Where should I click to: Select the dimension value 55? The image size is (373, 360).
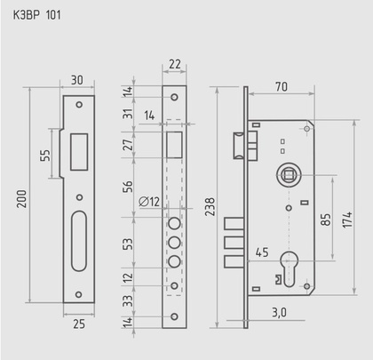[x=44, y=155]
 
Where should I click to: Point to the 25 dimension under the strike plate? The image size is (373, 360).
[x=79, y=325]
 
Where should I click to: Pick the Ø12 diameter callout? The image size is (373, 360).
[x=149, y=201]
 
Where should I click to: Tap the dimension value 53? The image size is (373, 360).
[x=130, y=244]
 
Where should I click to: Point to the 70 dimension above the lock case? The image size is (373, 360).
[x=282, y=87]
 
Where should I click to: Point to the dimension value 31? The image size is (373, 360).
[x=130, y=115]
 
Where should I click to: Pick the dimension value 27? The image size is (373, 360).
[x=130, y=145]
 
